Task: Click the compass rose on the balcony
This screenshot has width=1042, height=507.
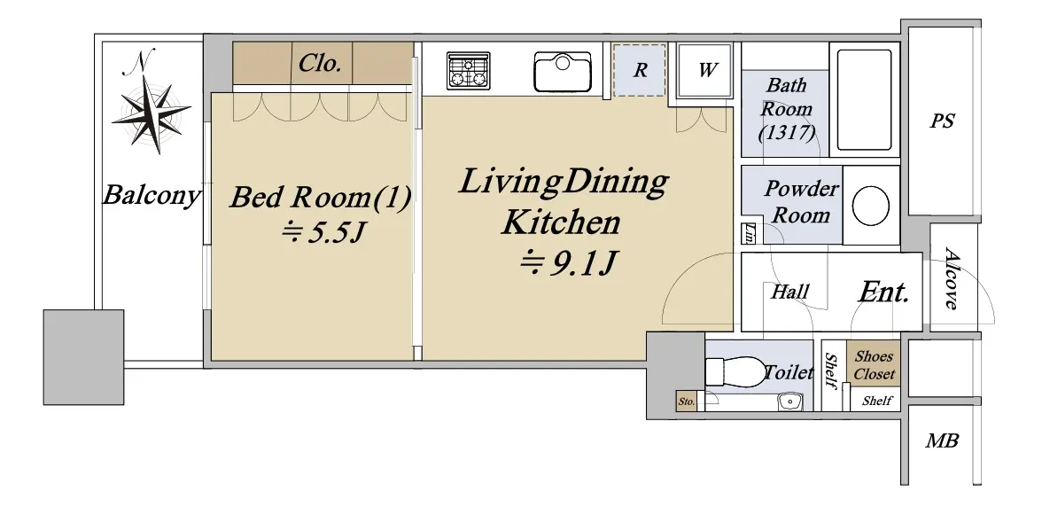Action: [152, 113]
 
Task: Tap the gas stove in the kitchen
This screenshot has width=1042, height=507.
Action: [469, 70]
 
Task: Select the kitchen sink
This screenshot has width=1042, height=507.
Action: [562, 72]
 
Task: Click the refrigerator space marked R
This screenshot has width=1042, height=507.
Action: [640, 70]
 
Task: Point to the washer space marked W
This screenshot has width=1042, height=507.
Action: [705, 70]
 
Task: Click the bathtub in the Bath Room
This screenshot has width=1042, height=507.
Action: [864, 99]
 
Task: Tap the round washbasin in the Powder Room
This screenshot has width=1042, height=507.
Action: [870, 206]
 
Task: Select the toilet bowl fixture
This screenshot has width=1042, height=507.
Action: [735, 370]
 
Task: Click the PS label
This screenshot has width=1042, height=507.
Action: [942, 121]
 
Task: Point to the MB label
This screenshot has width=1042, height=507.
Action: [943, 440]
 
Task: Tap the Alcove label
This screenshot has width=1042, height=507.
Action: [952, 278]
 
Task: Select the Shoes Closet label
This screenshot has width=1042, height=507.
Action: [874, 365]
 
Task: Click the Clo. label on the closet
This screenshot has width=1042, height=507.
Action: [321, 63]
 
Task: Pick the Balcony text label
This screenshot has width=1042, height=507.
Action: [152, 196]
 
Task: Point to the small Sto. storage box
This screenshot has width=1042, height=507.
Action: [687, 402]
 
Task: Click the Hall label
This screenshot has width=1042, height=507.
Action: [790, 291]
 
